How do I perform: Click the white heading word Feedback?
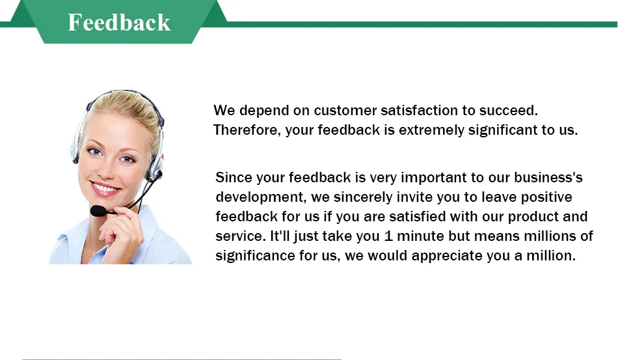[119, 22]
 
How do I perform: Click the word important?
[433, 178]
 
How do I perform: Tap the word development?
[261, 197]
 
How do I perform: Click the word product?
[533, 217]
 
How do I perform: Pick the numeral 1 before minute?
[388, 236]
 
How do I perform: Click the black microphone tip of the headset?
[98, 211]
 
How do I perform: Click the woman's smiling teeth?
[105, 187]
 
